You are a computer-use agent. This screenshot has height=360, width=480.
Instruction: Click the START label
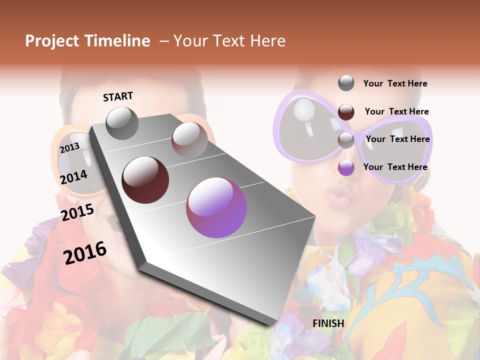(118, 96)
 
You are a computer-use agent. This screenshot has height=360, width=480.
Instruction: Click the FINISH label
(328, 323)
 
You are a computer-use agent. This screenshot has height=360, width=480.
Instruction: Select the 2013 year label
(69, 148)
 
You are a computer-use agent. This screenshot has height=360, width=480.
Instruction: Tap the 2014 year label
(74, 177)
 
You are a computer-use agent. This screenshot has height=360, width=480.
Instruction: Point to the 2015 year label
(77, 212)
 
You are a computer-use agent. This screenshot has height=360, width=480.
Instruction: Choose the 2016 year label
(85, 253)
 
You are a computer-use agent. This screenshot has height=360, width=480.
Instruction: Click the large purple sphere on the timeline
(216, 207)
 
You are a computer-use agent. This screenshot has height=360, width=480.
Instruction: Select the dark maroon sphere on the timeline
(145, 179)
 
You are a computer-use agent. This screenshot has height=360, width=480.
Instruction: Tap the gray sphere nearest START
(122, 123)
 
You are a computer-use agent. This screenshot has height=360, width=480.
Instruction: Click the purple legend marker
(346, 168)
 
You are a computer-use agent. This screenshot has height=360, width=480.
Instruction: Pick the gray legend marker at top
(346, 83)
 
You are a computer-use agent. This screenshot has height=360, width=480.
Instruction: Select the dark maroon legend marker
(346, 112)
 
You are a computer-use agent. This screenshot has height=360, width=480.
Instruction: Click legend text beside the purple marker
(395, 167)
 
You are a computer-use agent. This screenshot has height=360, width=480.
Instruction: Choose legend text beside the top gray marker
(395, 83)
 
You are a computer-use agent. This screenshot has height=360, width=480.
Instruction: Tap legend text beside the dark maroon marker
(396, 111)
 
